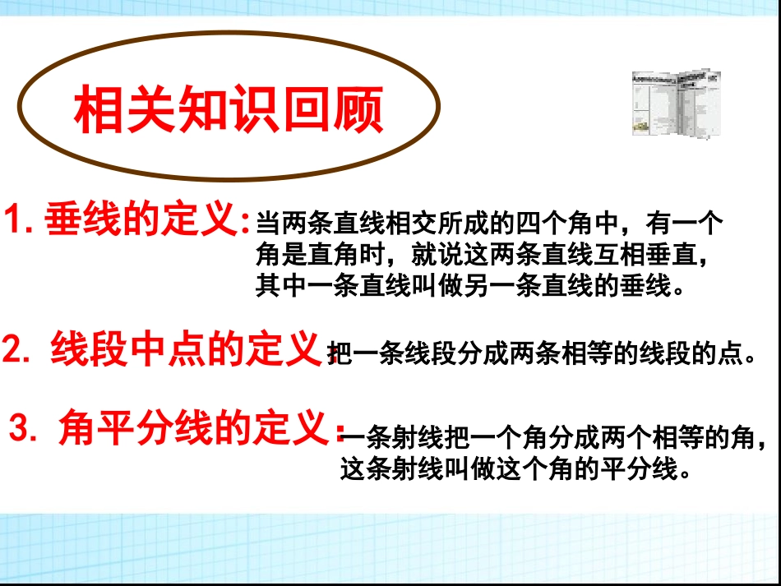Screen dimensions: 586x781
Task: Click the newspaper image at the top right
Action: point(676,103)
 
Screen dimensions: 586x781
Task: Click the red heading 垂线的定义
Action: point(141,219)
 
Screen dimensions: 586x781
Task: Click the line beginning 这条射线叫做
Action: point(514,471)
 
